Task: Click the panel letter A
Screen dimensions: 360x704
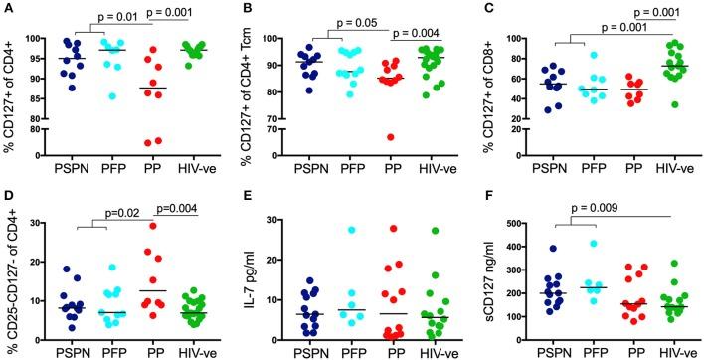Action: (x=6, y=9)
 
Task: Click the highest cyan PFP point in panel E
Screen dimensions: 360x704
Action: (x=351, y=230)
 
